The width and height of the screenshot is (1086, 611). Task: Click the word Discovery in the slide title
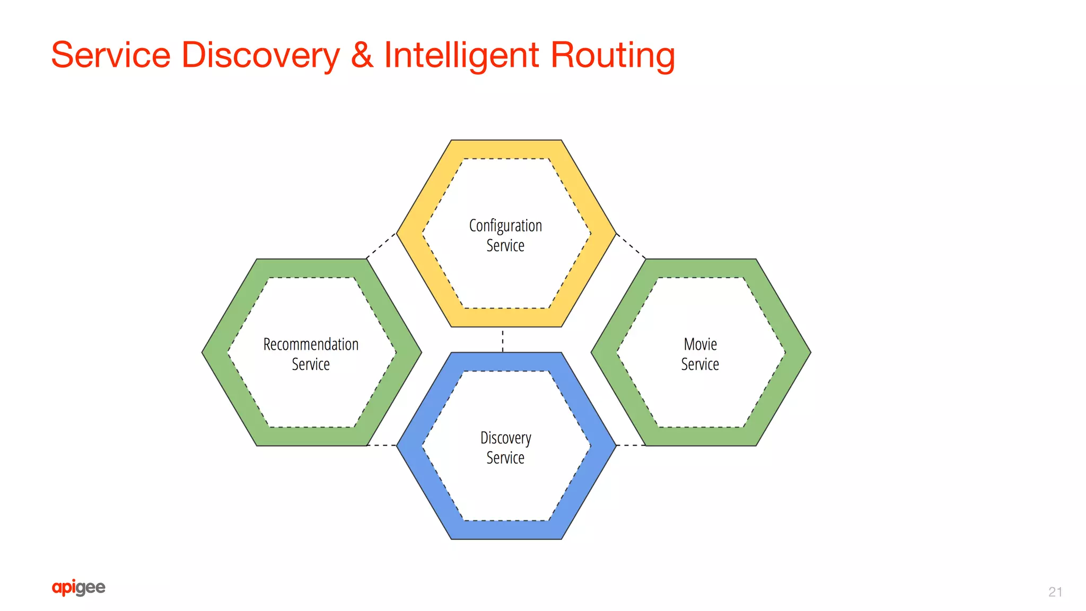(x=260, y=55)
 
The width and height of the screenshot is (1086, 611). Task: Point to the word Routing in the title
(x=612, y=55)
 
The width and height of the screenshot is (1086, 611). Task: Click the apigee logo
(x=78, y=587)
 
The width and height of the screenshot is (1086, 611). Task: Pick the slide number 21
(x=1055, y=592)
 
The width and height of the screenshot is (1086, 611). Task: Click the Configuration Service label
(x=505, y=235)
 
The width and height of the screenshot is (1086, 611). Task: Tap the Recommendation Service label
(x=311, y=354)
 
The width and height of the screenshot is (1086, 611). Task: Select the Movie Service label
(x=700, y=354)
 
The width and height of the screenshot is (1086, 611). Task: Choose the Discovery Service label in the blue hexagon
(x=505, y=448)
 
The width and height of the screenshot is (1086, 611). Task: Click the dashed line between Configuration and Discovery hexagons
(x=503, y=340)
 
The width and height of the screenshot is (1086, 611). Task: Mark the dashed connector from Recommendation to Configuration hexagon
(x=381, y=246)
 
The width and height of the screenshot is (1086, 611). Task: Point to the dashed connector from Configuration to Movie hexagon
(x=631, y=246)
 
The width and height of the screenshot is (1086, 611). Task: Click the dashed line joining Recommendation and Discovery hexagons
(x=382, y=445)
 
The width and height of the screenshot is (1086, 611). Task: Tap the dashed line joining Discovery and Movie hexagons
(x=630, y=445)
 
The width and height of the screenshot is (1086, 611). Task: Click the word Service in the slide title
(x=111, y=55)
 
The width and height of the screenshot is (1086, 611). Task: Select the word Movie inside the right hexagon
(x=700, y=344)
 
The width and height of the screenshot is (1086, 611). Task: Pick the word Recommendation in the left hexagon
(x=311, y=344)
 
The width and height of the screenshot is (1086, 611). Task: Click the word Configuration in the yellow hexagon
(x=505, y=226)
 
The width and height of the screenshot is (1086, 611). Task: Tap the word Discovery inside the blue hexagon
(x=505, y=438)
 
